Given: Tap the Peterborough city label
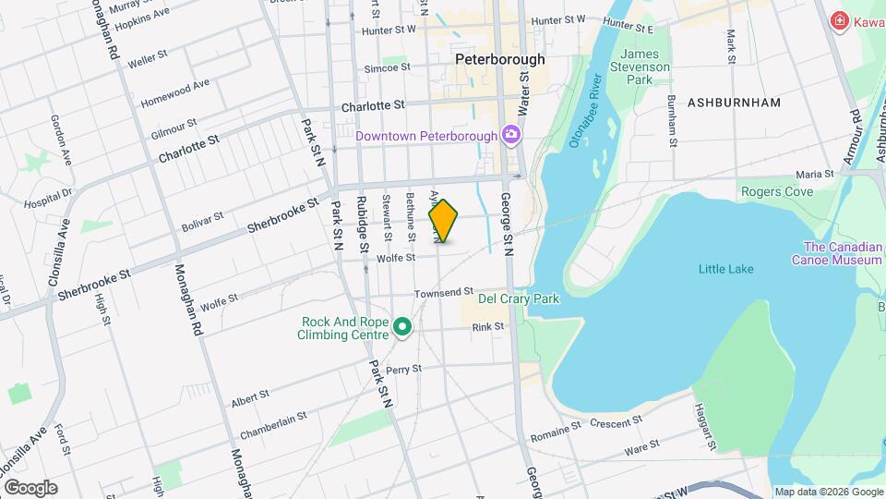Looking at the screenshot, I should [x=500, y=59].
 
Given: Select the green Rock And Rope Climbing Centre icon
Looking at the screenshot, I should [x=402, y=327].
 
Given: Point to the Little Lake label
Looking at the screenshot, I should [x=725, y=269].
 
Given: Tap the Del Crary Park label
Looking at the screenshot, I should [x=519, y=299].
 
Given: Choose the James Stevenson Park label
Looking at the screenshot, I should [x=645, y=67].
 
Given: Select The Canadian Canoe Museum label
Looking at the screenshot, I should [x=836, y=253].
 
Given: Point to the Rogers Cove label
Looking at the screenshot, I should [x=776, y=191].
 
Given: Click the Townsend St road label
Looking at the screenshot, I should [x=443, y=292].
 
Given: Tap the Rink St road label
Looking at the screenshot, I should [x=487, y=327].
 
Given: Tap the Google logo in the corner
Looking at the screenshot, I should [x=30, y=488].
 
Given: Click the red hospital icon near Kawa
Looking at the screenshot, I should [x=839, y=20].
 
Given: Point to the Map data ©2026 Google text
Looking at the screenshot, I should [x=828, y=492].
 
